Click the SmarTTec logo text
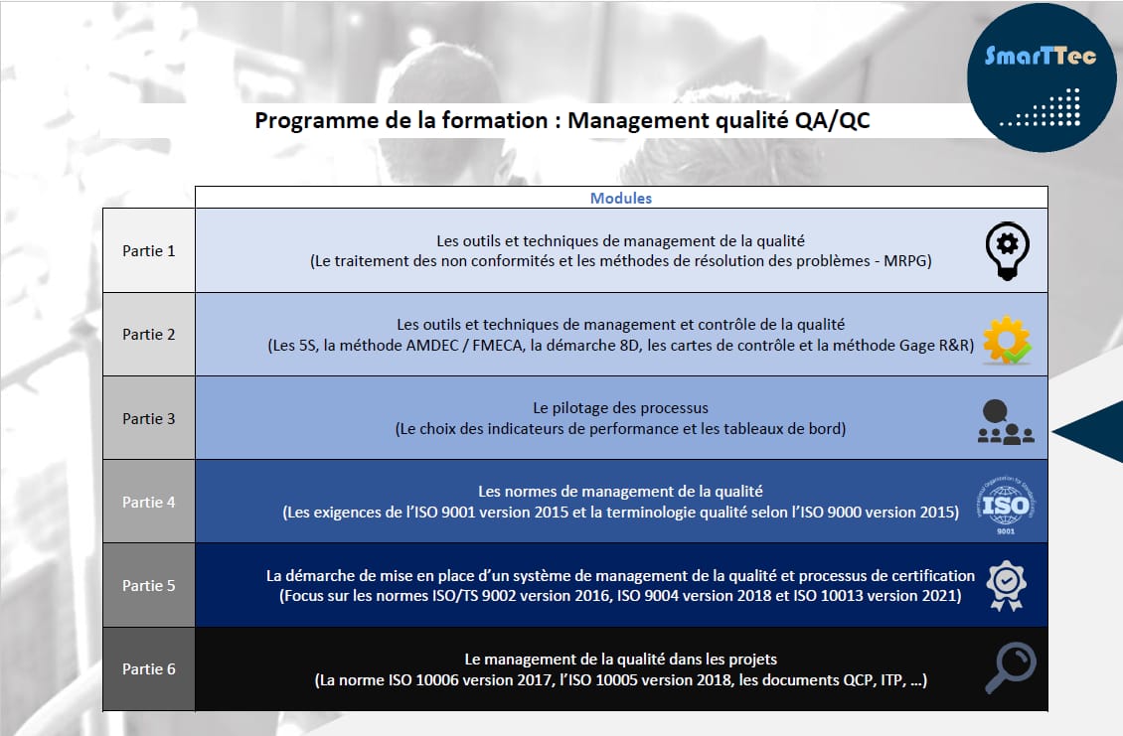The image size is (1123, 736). point(1041,56)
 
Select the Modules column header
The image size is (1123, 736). point(621,198)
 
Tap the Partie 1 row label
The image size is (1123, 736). point(149,250)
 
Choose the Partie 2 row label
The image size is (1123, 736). point(149,335)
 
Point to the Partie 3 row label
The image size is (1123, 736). point(149,418)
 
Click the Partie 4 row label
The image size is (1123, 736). point(149,502)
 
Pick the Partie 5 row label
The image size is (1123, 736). point(149,585)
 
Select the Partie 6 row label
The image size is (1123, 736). point(149,668)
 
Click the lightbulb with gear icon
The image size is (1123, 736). point(1007,249)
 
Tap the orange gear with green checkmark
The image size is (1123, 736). point(1007,337)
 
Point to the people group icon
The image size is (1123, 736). point(1006,421)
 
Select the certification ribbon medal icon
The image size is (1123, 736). point(1007,585)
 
